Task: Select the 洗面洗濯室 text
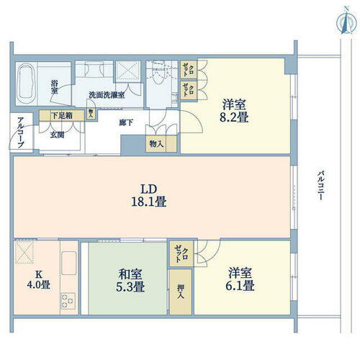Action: click(x=107, y=95)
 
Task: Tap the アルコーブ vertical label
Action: click(x=20, y=133)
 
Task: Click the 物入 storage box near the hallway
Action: click(x=156, y=143)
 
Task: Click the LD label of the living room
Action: click(x=149, y=190)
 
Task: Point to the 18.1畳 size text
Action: click(x=149, y=203)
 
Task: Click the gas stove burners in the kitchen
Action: click(x=68, y=299)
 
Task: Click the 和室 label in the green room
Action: click(x=130, y=274)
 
